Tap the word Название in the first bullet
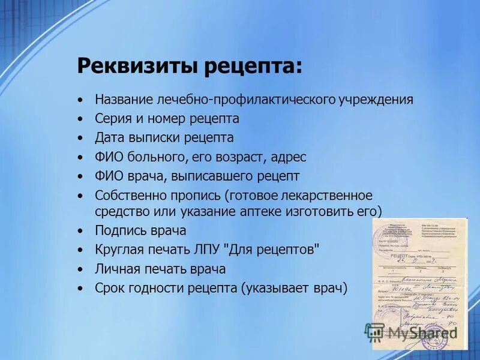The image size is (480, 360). pos(124,100)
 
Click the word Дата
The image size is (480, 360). pos(109,138)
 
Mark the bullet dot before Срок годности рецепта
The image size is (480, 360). pos(80,289)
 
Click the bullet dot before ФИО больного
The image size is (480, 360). pos(80,158)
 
